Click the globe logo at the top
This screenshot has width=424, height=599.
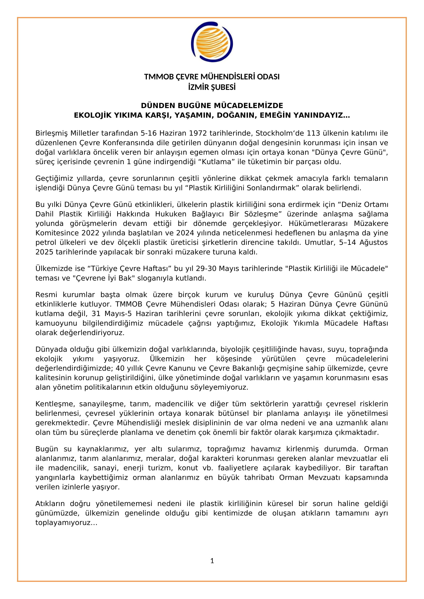coord(212,42)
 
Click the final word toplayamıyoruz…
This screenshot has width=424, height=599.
coord(66,523)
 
